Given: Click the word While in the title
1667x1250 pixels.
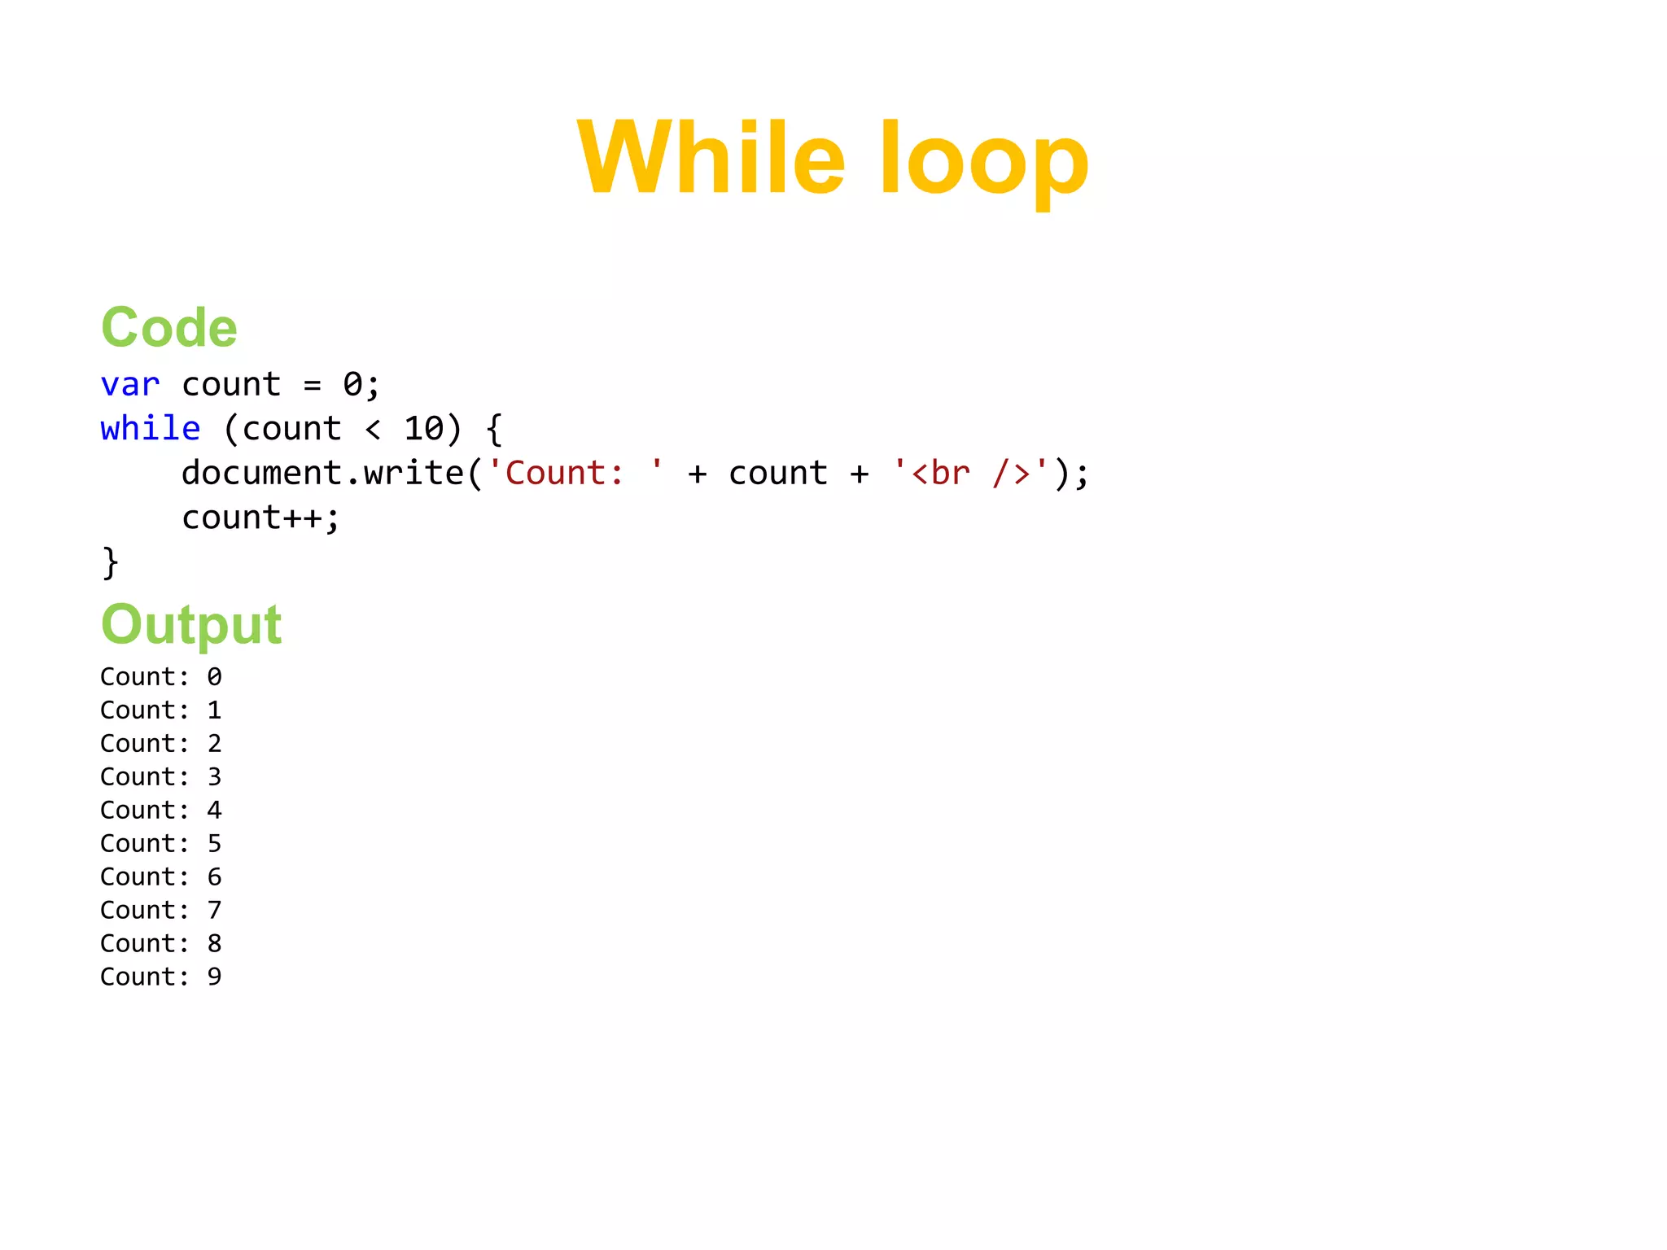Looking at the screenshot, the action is pos(711,158).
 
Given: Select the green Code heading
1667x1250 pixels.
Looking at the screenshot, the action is pos(169,327).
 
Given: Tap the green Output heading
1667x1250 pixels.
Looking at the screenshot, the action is pos(191,624).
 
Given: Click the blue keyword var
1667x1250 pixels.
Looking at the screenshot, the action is pos(130,385).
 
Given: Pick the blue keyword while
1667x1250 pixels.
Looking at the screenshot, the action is pos(151,429).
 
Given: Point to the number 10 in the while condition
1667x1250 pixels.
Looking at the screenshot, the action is pos(424,429).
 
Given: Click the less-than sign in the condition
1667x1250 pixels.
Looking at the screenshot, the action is pos(373,429).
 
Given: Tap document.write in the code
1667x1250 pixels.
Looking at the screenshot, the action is pos(322,473).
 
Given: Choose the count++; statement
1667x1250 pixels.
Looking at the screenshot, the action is pos(260,518).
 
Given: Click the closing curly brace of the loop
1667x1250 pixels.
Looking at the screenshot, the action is pos(110,562).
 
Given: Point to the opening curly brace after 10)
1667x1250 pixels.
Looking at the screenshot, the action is pos(494,429).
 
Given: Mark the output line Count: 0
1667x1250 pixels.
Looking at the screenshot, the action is pos(161,677).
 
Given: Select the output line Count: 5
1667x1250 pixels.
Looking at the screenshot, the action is pos(161,844).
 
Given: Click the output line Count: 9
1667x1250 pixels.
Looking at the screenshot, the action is pos(161,977).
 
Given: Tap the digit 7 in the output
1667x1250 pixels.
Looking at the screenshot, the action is pos(214,911).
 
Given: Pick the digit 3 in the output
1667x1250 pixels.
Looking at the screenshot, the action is pos(214,777).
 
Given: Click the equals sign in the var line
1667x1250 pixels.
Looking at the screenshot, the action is pos(312,385).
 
